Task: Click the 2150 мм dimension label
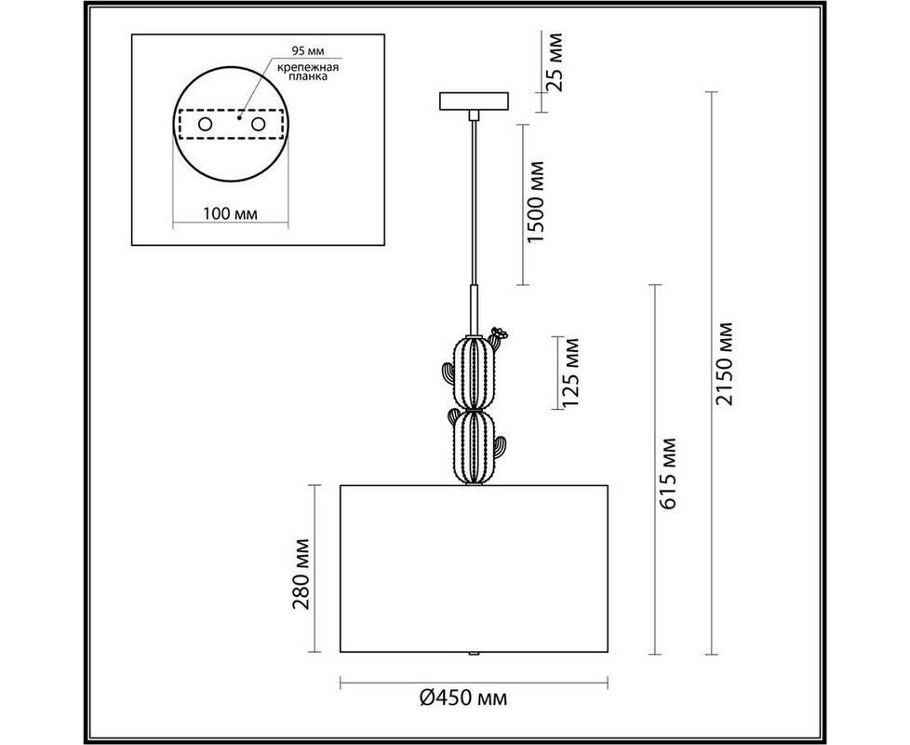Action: pos(725,363)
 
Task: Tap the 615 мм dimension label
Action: pos(668,474)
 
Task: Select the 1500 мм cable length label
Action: pos(535,201)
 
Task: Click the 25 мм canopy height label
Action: pos(555,61)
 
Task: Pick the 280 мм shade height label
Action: pos(301,574)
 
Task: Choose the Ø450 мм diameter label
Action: pos(463,698)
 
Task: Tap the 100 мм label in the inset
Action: pos(231,213)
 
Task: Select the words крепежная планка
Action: pos(308,72)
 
